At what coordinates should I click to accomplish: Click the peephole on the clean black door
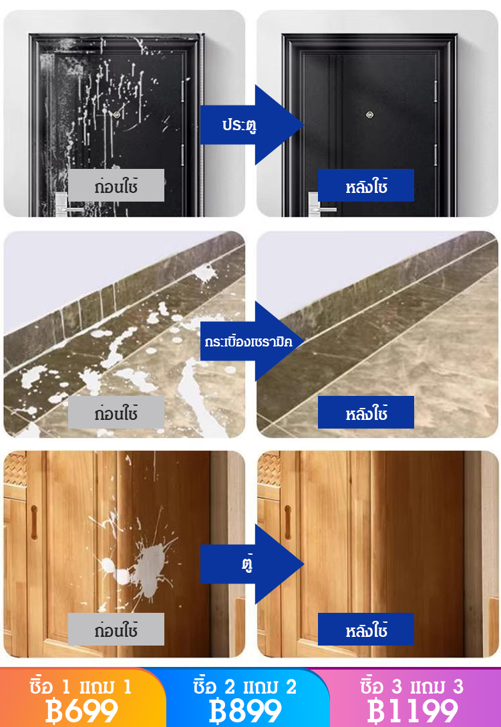[x=369, y=115]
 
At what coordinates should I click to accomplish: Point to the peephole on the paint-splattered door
[x=116, y=113]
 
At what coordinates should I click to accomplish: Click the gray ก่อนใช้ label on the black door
[x=116, y=186]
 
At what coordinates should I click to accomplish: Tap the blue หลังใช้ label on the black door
[x=366, y=186]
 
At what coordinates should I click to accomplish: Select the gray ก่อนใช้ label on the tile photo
[x=116, y=412]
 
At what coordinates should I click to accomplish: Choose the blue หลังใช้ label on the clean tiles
[x=366, y=412]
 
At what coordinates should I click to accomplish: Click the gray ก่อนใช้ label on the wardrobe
[x=116, y=629]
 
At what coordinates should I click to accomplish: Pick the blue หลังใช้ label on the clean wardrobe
[x=366, y=629]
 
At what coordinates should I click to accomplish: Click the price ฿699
[x=81, y=711]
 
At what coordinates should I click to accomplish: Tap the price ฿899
[x=245, y=711]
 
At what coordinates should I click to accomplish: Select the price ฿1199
[x=412, y=711]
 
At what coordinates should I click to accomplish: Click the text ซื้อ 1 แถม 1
[x=80, y=686]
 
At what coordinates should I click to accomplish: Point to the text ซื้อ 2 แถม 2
[x=245, y=686]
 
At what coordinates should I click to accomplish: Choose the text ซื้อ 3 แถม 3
[x=412, y=686]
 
